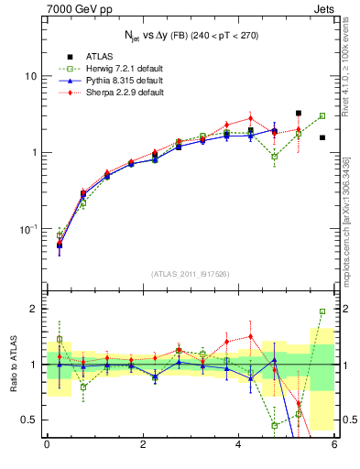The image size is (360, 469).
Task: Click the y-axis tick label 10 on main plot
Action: pos(30,76)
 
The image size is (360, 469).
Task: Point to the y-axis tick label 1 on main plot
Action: pos(34,152)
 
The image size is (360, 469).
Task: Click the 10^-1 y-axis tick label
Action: pos(29,228)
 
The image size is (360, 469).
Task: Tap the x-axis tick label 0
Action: pos(47,446)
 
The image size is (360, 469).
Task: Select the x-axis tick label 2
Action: pos(143,446)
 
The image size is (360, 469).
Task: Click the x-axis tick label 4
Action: pos(239,446)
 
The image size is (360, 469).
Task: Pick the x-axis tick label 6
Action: pos(334,446)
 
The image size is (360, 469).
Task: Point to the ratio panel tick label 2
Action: pos(34,309)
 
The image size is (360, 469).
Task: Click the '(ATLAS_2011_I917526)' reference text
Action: pos(191,274)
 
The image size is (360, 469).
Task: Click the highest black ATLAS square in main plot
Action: pos(299,114)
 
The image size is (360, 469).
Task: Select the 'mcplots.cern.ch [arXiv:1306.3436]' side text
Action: pos(352,220)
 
